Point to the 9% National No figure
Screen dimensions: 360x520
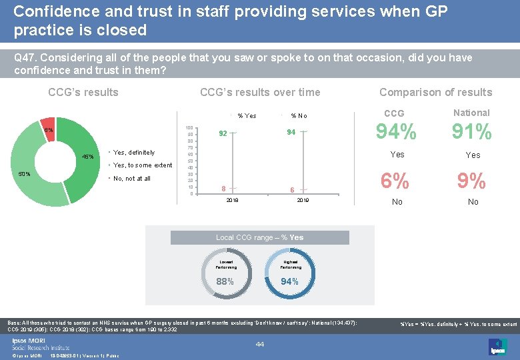472,181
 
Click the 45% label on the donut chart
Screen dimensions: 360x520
87,157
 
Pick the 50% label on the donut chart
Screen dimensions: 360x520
24,174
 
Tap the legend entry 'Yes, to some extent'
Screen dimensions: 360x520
143,165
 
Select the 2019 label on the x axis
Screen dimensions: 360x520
303,200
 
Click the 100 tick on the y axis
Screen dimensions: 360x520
189,127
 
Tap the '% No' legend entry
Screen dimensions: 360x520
298,116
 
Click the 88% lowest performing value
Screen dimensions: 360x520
225,281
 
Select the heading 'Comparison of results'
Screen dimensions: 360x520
435,93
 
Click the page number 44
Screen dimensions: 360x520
260,344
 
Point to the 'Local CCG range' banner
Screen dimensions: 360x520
259,238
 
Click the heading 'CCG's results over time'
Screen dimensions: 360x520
260,93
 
